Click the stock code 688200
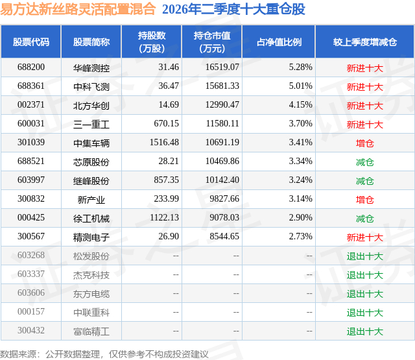pyautogui.click(x=31, y=67)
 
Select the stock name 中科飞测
pyautogui.click(x=91, y=86)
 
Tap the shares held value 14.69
pyautogui.click(x=169, y=105)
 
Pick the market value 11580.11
pyautogui.click(x=222, y=124)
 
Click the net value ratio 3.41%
pyautogui.click(x=300, y=143)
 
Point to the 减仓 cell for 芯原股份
pyautogui.click(x=364, y=162)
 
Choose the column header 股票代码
pyautogui.click(x=31, y=42)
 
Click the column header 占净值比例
pyautogui.click(x=279, y=42)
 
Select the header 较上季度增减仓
pyautogui.click(x=365, y=42)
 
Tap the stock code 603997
pyautogui.click(x=31, y=180)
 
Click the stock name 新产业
pyautogui.click(x=91, y=199)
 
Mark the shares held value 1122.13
pyautogui.click(x=164, y=217)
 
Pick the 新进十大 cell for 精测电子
pyautogui.click(x=364, y=237)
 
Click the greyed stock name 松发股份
pyautogui.click(x=91, y=256)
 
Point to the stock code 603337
pyautogui.click(x=31, y=274)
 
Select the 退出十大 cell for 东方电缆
pyautogui.click(x=364, y=293)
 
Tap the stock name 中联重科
pyautogui.click(x=91, y=312)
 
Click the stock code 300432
pyautogui.click(x=31, y=330)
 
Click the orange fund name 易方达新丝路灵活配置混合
pyautogui.click(x=78, y=9)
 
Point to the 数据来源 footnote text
pyautogui.click(x=104, y=354)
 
